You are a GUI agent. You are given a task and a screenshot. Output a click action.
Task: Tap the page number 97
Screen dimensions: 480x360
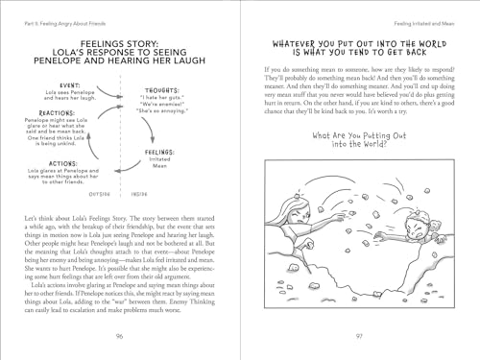359,335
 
